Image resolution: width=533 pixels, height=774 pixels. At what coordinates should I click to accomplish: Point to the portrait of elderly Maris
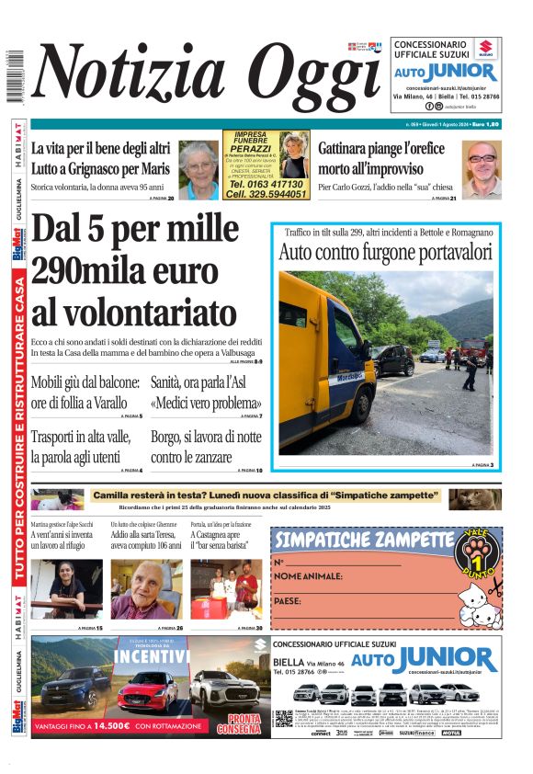point(198,169)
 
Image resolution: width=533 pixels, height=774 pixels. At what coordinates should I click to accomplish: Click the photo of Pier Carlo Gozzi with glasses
point(482,169)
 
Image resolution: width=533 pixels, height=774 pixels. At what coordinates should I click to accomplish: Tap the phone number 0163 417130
point(253,185)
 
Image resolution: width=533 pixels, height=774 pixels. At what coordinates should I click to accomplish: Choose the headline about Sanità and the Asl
point(207,393)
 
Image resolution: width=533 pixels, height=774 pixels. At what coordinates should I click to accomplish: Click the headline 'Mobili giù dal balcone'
point(85,393)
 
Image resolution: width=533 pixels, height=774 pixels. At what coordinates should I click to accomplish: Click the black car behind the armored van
point(393,359)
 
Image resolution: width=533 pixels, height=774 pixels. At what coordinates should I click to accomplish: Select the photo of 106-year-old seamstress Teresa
point(147,589)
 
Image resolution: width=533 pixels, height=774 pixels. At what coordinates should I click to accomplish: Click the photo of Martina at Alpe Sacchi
point(67,589)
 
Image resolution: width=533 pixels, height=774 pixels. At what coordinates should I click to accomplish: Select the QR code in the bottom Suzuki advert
point(283,718)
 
